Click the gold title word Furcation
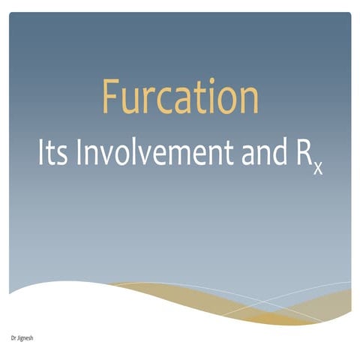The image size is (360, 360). pyautogui.click(x=180, y=97)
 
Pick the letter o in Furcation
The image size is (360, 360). pyautogui.click(x=226, y=101)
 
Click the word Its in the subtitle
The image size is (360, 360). pyautogui.click(x=53, y=153)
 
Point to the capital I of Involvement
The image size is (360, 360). pyautogui.click(x=82, y=152)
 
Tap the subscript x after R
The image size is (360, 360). pyautogui.click(x=318, y=169)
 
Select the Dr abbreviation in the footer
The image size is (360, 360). pyautogui.click(x=14, y=338)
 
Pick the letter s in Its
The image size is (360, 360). pyautogui.click(x=62, y=156)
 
